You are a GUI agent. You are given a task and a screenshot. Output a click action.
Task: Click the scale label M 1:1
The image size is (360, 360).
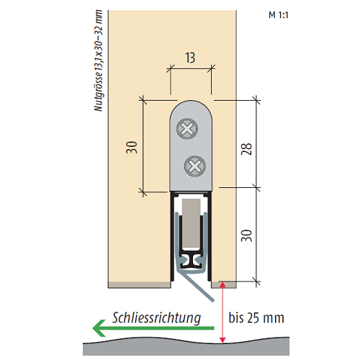279,15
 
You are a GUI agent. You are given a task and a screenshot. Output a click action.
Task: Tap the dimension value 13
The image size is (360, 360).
190,58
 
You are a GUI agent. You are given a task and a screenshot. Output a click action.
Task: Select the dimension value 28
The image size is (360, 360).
247,149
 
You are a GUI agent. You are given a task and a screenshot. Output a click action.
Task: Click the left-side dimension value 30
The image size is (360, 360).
132,147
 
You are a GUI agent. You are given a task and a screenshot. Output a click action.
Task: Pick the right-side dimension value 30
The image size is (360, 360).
247,235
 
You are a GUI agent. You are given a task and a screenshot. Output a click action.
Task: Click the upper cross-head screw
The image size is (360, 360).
187,129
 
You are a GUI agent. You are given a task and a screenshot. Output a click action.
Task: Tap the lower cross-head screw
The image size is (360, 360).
195,166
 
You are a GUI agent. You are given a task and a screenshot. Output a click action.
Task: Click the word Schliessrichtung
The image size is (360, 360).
156,318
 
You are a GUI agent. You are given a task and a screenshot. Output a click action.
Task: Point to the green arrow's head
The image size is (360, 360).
99,328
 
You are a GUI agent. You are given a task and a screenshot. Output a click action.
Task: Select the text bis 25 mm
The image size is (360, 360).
256,318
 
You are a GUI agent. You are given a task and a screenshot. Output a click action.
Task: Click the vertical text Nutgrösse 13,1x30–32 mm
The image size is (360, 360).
98,60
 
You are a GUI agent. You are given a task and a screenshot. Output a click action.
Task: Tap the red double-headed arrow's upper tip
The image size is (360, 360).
222,283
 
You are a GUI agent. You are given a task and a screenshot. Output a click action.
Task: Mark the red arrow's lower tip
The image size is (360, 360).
222,342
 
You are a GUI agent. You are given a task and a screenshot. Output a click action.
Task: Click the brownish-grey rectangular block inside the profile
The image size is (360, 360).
192,224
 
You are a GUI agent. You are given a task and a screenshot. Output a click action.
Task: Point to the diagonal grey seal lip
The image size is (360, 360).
196,286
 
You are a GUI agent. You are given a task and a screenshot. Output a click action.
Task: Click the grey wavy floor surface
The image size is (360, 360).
186,348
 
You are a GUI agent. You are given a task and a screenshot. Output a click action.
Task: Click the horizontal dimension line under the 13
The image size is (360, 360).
191,69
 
